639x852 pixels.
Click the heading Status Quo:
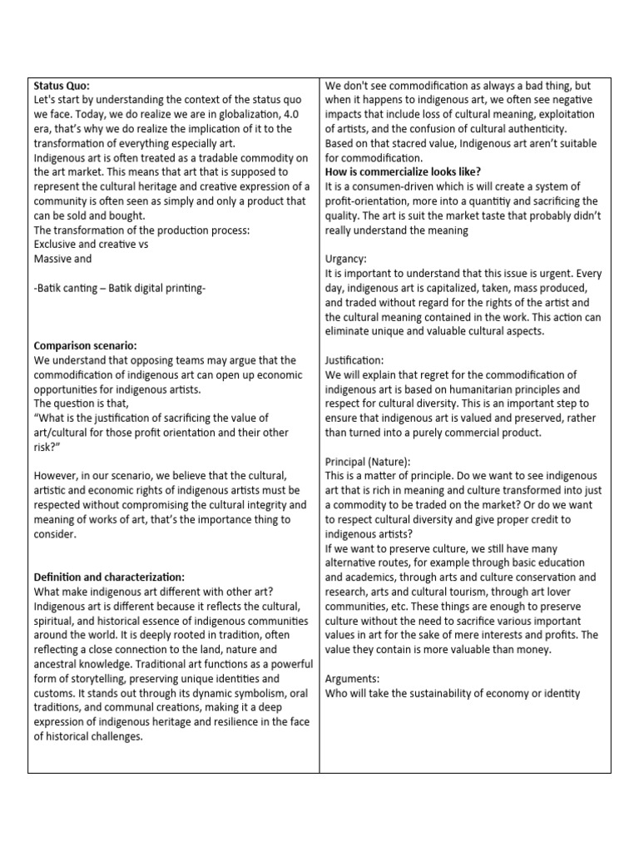[x=62, y=86]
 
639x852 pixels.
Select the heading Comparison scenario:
[x=85, y=345]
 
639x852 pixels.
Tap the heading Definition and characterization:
[x=109, y=577]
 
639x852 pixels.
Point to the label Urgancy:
[x=347, y=260]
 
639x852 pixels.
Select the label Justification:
[x=354, y=360]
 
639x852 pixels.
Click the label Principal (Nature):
[x=368, y=461]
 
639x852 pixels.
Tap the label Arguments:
[x=353, y=678]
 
